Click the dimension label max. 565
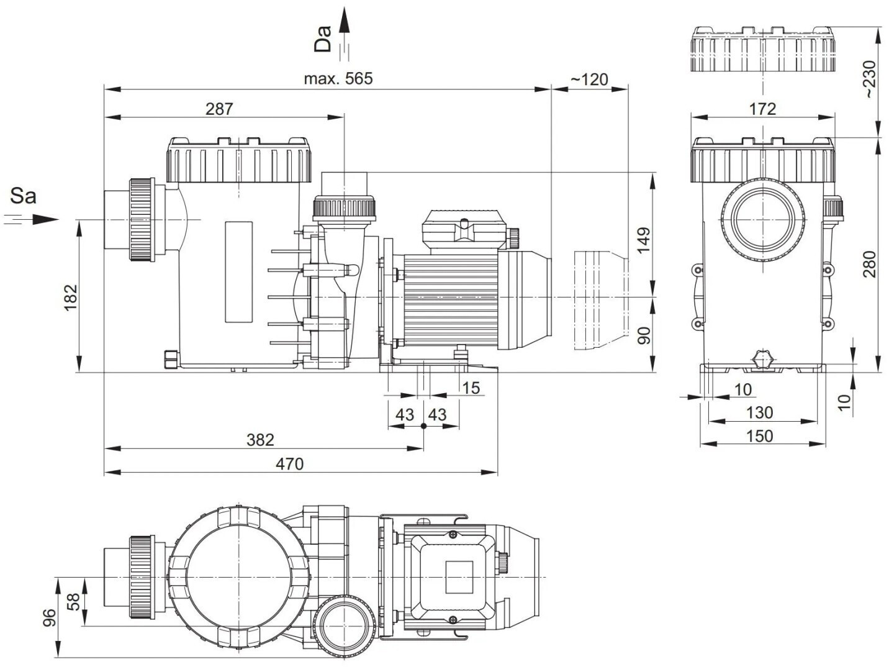point(338,79)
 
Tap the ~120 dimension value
point(589,79)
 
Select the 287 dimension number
point(219,109)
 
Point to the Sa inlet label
point(24,196)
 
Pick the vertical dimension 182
point(70,297)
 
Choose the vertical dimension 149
point(644,240)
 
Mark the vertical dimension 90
point(644,335)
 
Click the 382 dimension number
point(259,440)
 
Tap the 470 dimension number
point(289,464)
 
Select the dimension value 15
point(471,388)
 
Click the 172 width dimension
point(762,109)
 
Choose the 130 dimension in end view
point(759,412)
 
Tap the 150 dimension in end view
point(759,436)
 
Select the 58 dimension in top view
point(73,602)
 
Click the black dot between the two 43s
point(423,427)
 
